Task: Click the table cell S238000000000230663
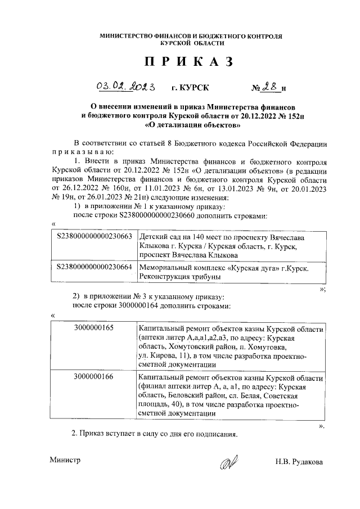coord(94,238)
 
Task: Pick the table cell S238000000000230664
coord(94,268)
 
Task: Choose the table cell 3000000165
coord(93,327)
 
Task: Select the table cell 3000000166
coord(93,376)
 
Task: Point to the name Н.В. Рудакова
coord(299,462)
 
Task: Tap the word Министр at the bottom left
coord(65,460)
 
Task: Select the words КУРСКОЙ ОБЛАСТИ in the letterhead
coord(192,43)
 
